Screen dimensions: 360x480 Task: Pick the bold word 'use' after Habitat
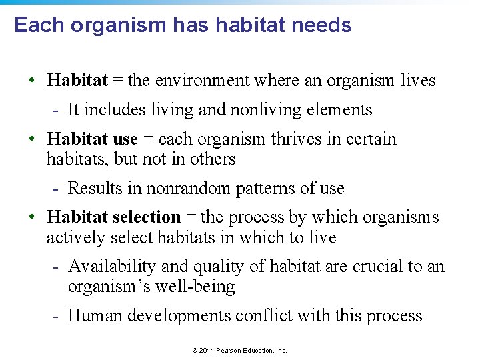125,139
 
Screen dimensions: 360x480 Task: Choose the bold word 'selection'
147,217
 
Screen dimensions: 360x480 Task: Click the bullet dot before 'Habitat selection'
32,217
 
